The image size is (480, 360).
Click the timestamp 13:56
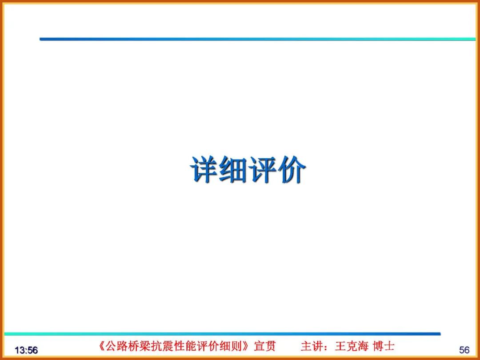pos(26,350)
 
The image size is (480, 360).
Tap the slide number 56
pos(464,350)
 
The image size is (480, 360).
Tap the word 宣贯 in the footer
pos(265,346)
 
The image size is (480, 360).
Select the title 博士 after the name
pos(384,346)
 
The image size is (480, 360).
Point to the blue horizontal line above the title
pos(258,39)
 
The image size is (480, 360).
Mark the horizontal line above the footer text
pos(222,334)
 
